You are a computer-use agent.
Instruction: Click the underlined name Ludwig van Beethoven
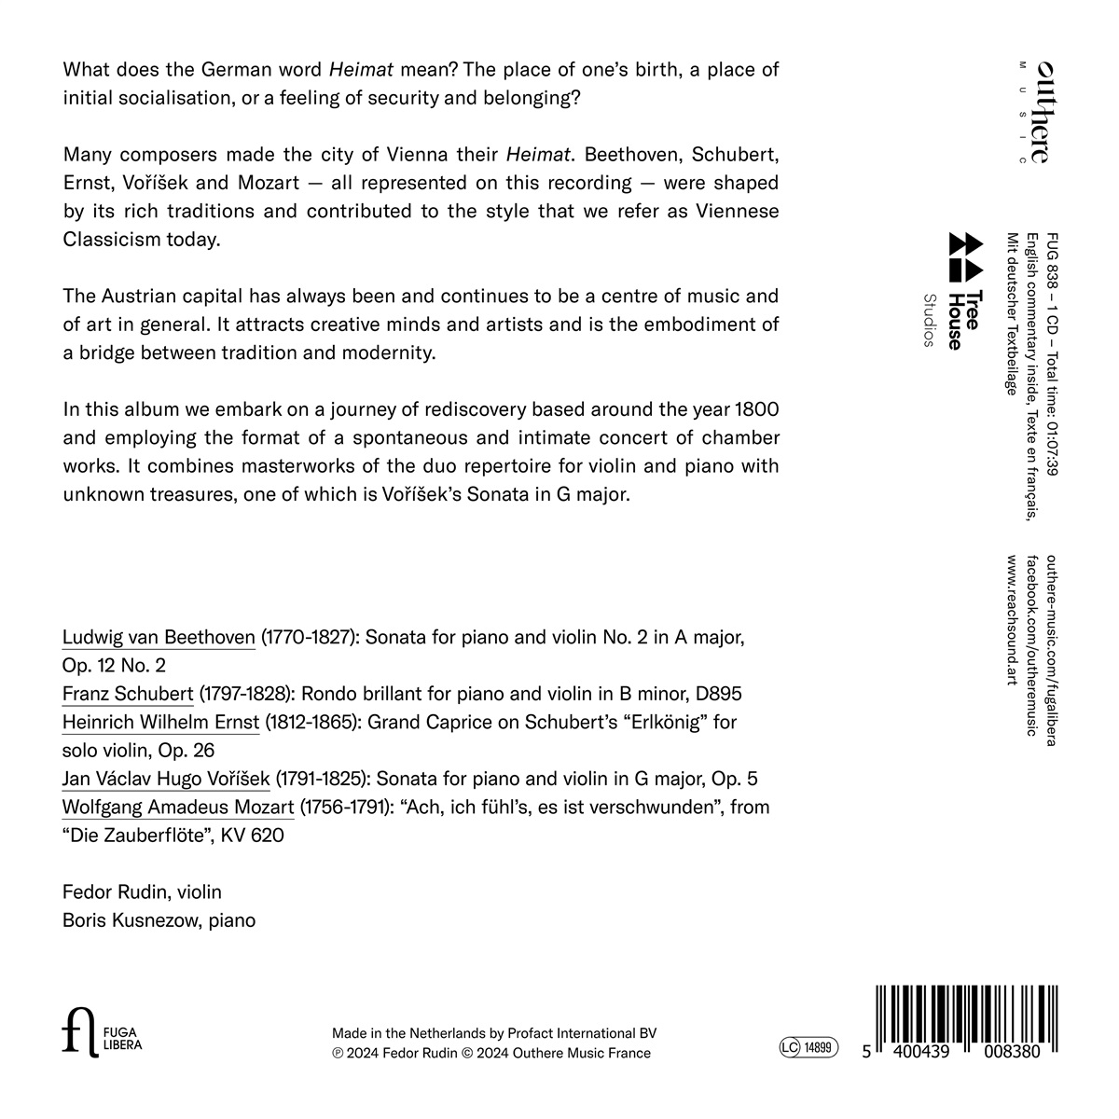[159, 639]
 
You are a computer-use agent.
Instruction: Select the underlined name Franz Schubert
[128, 695]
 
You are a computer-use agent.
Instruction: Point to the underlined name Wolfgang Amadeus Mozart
[178, 808]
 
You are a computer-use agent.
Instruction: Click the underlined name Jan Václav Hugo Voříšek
[166, 780]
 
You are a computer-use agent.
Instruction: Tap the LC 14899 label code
[808, 1048]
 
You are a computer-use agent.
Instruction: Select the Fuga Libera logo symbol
[78, 1034]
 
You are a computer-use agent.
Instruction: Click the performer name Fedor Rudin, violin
[142, 892]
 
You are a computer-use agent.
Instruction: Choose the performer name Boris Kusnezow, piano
[159, 920]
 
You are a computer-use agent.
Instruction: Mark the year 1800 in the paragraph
[756, 409]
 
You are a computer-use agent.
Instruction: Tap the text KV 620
[252, 836]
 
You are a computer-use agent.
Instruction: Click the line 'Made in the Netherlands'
[494, 1033]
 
